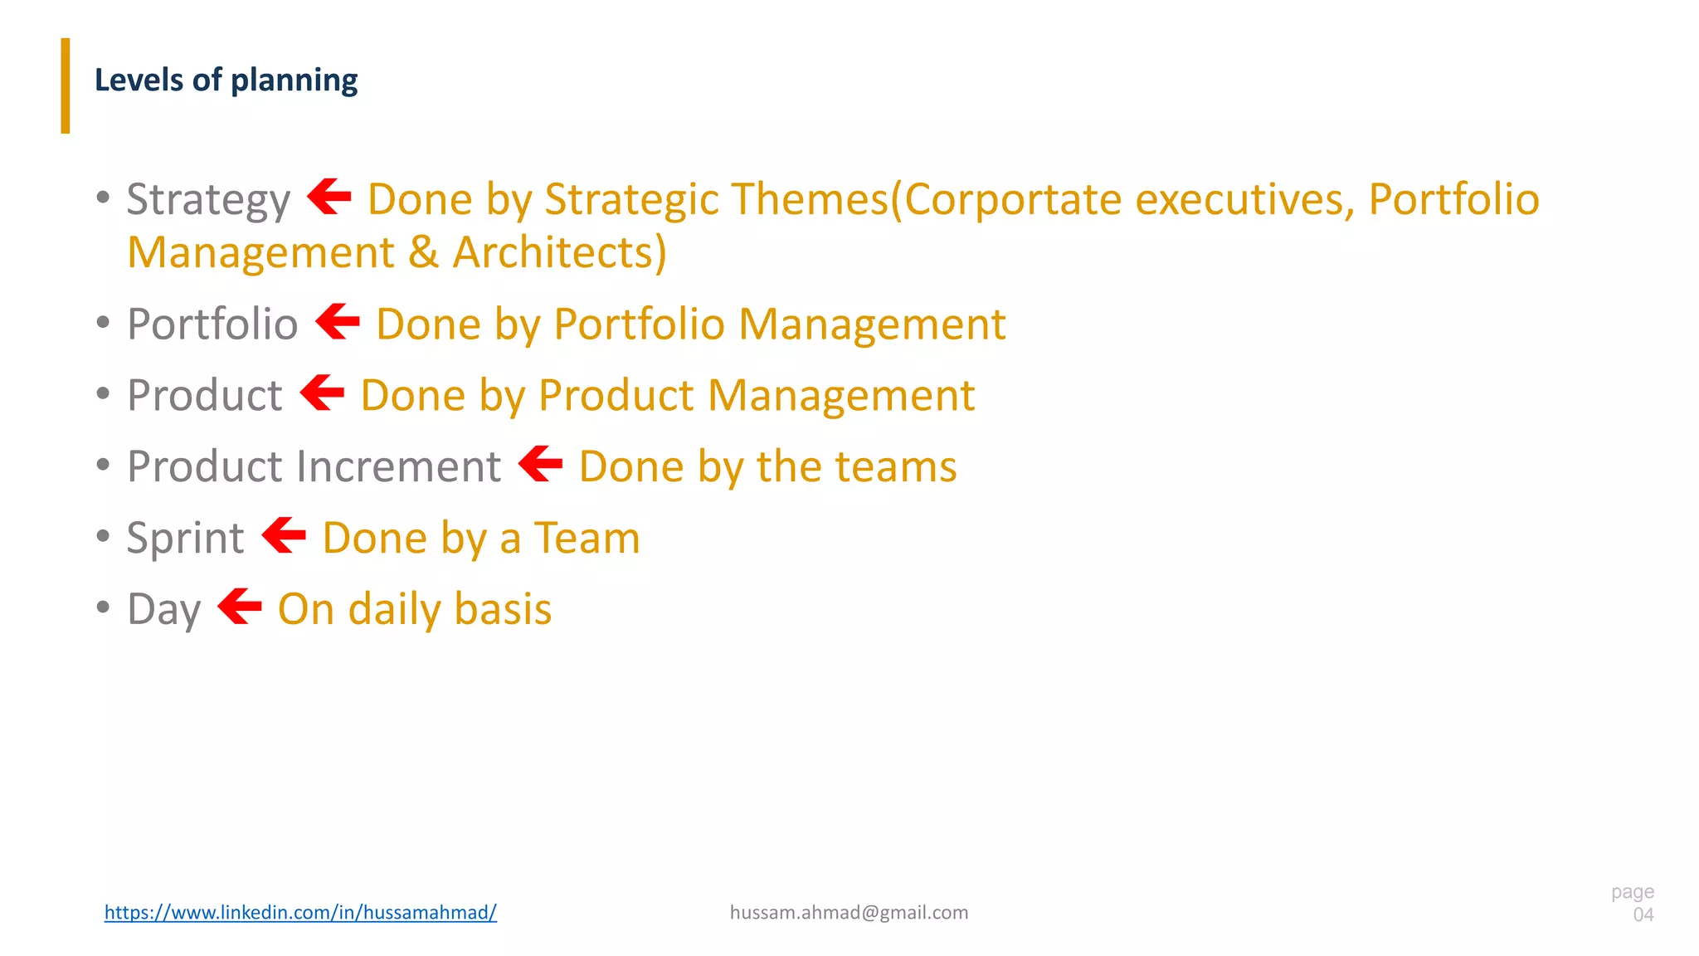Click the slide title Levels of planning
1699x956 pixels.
226,80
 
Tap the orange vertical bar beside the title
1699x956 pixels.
66,85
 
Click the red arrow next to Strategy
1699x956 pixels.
329,197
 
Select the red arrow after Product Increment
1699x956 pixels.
541,464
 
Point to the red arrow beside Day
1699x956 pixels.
240,606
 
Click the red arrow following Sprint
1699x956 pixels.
284,535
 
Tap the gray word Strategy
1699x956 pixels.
208,201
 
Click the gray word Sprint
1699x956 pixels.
185,539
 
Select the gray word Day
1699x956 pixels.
164,610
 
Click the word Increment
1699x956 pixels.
398,466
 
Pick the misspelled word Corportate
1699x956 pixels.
1012,199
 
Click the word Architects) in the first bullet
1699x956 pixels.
560,253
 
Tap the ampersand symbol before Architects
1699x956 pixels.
423,253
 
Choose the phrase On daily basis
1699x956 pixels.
415,610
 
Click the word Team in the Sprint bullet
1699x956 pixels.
587,539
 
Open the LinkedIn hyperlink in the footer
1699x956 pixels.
300,912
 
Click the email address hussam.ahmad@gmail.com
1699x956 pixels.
849,912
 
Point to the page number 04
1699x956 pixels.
1643,915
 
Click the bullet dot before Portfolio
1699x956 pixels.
103,322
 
